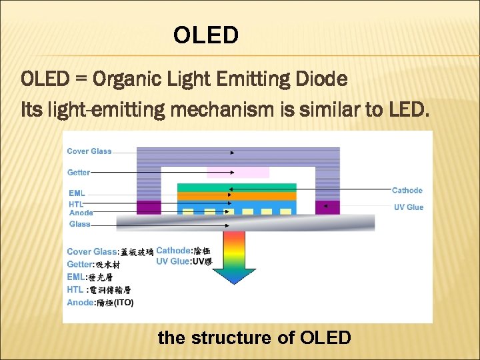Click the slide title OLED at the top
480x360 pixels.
pos(205,35)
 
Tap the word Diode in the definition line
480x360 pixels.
pos(322,79)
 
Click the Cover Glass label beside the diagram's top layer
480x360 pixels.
pos(89,151)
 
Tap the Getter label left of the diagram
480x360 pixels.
pos(79,172)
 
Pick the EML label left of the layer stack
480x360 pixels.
pos(77,193)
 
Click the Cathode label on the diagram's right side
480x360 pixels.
pos(407,191)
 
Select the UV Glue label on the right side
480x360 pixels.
pos(409,207)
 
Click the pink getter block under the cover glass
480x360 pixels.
pos(238,172)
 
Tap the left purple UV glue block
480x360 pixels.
pos(149,207)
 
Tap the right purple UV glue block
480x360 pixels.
pos(327,207)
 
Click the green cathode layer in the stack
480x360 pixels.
pos(237,187)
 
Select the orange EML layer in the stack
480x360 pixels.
pos(237,196)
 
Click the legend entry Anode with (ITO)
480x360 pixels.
pos(100,303)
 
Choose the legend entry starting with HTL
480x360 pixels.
pos(99,290)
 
